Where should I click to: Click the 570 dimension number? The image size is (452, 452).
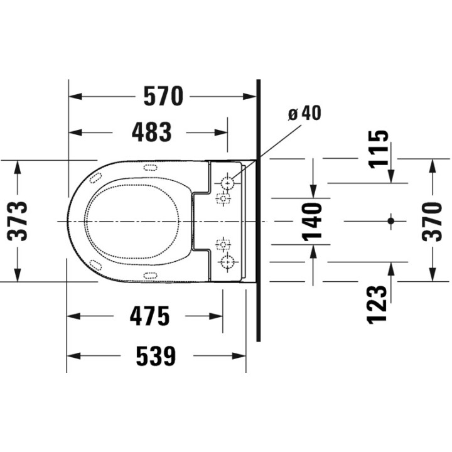163,96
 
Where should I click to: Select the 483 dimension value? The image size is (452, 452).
152,132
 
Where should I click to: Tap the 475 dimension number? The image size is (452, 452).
149,316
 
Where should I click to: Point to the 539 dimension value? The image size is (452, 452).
156,356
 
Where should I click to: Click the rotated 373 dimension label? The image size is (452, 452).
18,221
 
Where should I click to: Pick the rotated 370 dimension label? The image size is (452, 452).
432,222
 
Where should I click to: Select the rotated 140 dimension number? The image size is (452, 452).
311,222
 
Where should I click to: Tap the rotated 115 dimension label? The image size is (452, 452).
379,149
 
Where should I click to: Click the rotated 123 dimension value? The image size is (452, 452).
377,304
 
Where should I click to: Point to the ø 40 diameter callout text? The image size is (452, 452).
304,113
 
